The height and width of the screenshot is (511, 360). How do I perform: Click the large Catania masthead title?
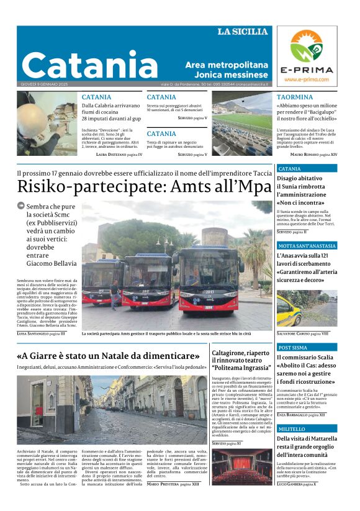tap(90, 65)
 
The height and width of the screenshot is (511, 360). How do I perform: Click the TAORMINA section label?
tap(295, 97)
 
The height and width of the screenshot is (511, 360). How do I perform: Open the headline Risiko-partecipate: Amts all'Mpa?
tap(144, 186)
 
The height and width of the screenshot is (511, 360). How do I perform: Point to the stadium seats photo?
tap(242, 124)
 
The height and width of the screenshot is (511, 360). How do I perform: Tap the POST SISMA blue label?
tap(292, 348)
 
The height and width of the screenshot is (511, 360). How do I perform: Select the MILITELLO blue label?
tap(292, 429)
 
